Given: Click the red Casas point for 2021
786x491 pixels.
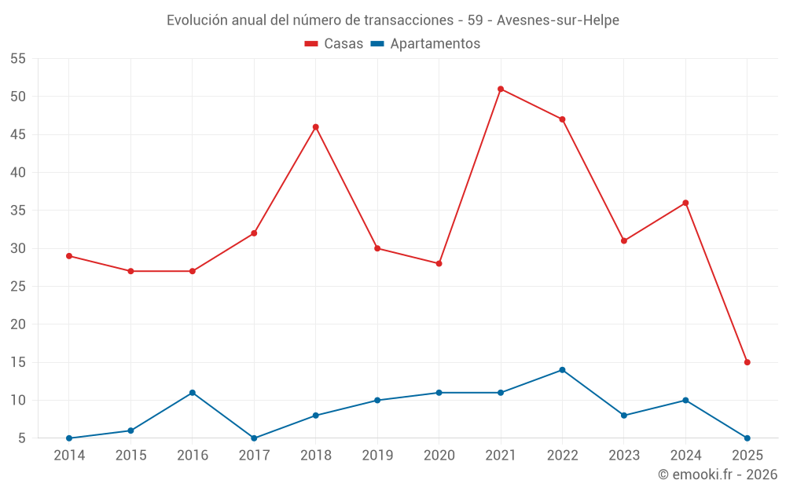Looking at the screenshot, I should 501,89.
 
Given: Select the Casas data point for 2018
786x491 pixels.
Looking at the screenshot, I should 316,126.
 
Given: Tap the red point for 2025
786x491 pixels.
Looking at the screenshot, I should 747,362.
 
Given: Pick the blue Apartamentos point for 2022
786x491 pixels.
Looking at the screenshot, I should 562,370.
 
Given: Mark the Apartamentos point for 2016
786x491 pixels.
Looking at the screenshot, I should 193,393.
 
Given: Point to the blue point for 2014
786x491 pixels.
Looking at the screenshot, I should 69,438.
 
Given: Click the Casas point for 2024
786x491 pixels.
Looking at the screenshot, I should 685,203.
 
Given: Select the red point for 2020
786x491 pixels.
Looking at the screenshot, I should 439,263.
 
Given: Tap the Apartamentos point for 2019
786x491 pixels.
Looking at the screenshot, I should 377,401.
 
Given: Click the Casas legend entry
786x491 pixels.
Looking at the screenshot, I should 334,44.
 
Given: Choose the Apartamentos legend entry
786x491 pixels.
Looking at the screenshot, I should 425,44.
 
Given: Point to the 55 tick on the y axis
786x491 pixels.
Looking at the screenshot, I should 18,59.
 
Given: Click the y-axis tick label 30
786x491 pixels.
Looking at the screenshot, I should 18,248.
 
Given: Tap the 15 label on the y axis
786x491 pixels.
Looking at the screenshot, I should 18,362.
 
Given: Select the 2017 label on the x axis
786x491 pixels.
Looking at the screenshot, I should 254,456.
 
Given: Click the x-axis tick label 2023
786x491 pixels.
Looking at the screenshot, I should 624,456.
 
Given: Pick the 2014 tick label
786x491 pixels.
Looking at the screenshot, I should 69,456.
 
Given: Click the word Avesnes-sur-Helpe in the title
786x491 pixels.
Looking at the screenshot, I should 558,20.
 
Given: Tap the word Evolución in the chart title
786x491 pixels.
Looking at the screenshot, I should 197,20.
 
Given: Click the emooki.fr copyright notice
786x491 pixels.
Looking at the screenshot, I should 718,475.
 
